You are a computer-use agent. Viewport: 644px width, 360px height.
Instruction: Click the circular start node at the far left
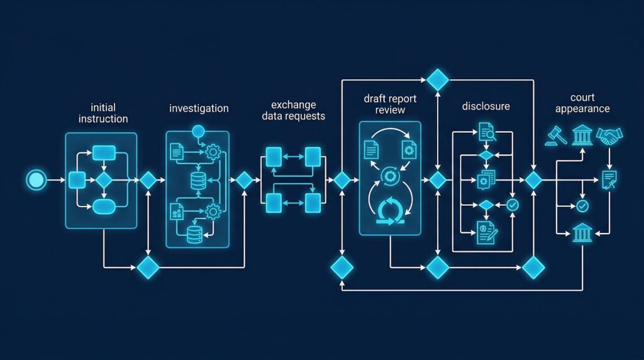tap(36, 181)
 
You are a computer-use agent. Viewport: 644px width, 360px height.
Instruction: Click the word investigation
tap(199, 108)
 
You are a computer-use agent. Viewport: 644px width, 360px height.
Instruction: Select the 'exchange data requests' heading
tap(293, 110)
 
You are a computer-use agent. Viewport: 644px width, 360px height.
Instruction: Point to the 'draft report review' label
tap(390, 104)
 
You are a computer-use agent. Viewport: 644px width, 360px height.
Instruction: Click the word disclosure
tap(486, 106)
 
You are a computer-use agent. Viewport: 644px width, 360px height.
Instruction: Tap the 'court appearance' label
tap(582, 103)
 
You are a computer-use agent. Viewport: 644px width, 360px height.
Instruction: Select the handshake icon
tap(609, 136)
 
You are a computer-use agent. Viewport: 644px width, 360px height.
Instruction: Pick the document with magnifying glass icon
tap(486, 132)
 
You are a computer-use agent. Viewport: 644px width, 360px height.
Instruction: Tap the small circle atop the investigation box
tap(198, 132)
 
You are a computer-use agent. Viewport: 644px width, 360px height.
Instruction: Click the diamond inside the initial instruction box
tap(104, 180)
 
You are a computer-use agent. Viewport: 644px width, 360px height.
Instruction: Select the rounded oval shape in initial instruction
tap(103, 206)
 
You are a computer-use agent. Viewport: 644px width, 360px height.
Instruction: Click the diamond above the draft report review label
tap(437, 79)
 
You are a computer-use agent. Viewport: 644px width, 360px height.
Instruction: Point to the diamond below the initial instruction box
tap(148, 267)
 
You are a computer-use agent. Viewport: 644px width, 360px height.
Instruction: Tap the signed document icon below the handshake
tap(609, 179)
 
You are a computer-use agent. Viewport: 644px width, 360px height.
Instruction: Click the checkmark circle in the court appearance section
tap(582, 206)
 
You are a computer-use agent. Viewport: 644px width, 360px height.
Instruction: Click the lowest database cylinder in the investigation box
tap(197, 235)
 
